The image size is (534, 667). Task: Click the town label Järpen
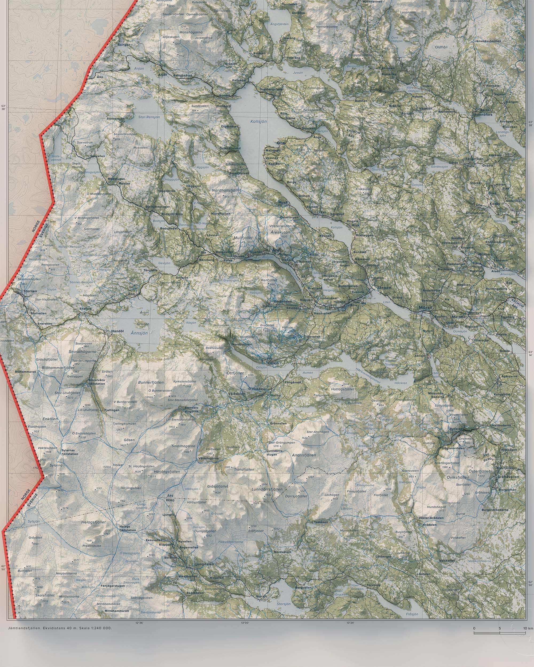pyautogui.click(x=384, y=288)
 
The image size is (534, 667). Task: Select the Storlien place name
pyautogui.click(x=30, y=291)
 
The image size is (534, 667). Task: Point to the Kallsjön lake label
pyautogui.click(x=258, y=122)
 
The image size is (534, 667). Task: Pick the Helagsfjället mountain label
pyautogui.click(x=93, y=522)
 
